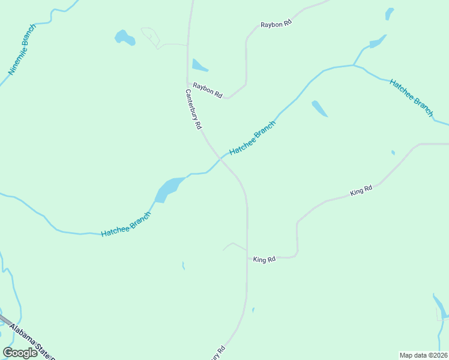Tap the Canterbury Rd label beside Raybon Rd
coord(193,110)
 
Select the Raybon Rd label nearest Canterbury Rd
coord(208,91)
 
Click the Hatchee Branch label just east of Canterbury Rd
coord(252,138)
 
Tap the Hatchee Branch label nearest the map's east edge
coord(411,97)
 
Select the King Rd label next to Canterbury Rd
coord(264,260)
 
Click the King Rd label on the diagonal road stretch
coord(361,191)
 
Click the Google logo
coord(20,353)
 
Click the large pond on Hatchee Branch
coord(168,189)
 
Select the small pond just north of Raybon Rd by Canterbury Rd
coord(199,65)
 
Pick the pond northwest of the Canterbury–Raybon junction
coord(125,38)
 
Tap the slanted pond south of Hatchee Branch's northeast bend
coord(319,109)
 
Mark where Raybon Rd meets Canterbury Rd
coord(188,83)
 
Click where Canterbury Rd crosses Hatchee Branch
coord(220,158)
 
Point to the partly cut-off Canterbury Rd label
coord(217,353)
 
